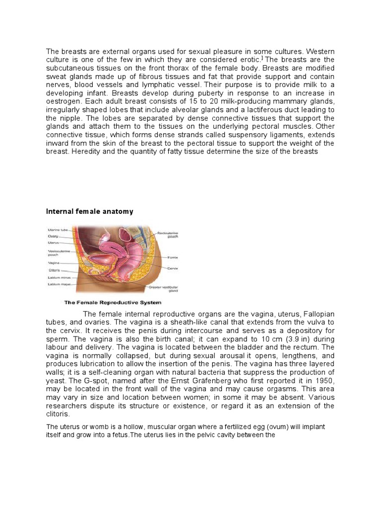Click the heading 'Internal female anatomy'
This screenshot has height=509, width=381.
pyautogui.click(x=90, y=211)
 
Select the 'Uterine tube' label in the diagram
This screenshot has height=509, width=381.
pyautogui.click(x=58, y=230)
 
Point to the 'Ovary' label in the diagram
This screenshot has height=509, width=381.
pyautogui.click(x=53, y=237)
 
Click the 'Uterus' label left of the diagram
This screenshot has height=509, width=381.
pyautogui.click(x=54, y=243)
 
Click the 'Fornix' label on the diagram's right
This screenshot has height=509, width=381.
pyautogui.click(x=173, y=257)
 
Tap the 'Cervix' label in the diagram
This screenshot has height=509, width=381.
pyautogui.click(x=173, y=268)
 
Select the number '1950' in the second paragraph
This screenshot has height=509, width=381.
pyautogui.click(x=324, y=380)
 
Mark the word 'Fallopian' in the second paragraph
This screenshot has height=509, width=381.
pyautogui.click(x=317, y=314)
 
